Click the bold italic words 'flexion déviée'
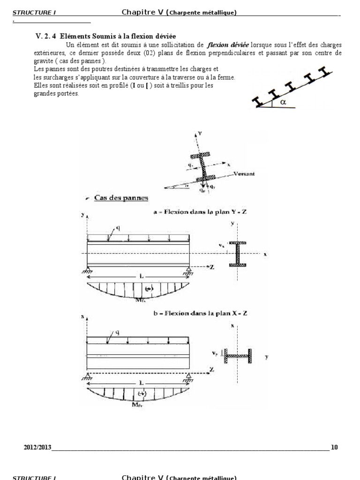click(228, 45)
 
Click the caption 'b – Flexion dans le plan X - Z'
click(200, 313)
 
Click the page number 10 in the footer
click(334, 447)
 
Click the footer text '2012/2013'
click(37, 447)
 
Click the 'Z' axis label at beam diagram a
click(213, 266)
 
